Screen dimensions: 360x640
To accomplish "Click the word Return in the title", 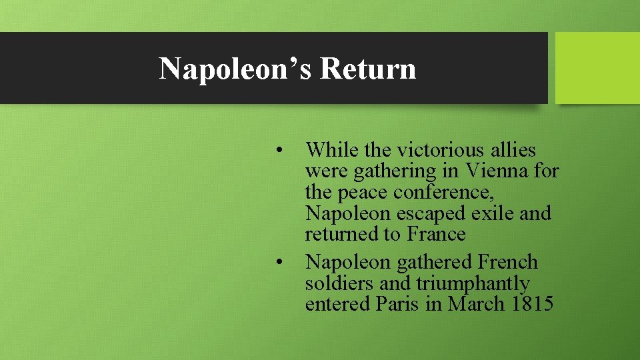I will pyautogui.click(x=367, y=68).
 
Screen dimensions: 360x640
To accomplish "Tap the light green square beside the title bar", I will pyautogui.click(x=597, y=68).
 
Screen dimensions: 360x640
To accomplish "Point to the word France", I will pyautogui.click(x=436, y=235).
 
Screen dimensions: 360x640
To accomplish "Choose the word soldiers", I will pyautogui.click(x=339, y=283).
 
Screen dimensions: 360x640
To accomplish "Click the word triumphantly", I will pyautogui.click(x=473, y=284).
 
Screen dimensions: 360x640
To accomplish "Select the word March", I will pyautogui.click(x=477, y=304).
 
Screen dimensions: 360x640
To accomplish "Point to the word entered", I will pyautogui.click(x=338, y=304).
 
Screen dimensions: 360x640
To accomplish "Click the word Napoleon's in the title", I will pyautogui.click(x=236, y=68).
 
